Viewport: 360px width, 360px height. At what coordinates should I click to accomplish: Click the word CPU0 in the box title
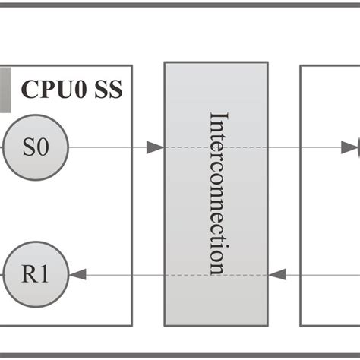pos(54,90)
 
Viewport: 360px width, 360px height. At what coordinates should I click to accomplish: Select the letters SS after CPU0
pos(108,90)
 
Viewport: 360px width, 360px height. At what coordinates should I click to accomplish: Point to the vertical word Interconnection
pos(217,193)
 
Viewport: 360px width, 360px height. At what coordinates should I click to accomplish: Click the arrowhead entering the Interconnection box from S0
pos(155,147)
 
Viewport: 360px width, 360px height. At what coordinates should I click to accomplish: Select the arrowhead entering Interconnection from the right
pos(277,273)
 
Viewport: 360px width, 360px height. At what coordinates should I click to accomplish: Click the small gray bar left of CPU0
pos(5,90)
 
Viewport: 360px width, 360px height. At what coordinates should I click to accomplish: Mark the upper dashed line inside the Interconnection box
pos(216,147)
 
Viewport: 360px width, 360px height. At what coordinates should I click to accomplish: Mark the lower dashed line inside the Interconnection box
pos(216,273)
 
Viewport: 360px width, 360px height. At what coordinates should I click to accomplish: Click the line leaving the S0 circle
pos(106,147)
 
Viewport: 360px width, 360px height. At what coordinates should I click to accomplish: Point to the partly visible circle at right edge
pos(357,147)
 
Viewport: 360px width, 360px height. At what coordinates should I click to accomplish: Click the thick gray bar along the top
pos(180,5)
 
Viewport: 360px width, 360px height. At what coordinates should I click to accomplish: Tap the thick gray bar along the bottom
pos(180,354)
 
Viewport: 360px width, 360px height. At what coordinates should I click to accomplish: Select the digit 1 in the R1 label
pos(45,274)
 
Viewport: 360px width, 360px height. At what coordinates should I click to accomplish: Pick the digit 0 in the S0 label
pos(44,148)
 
